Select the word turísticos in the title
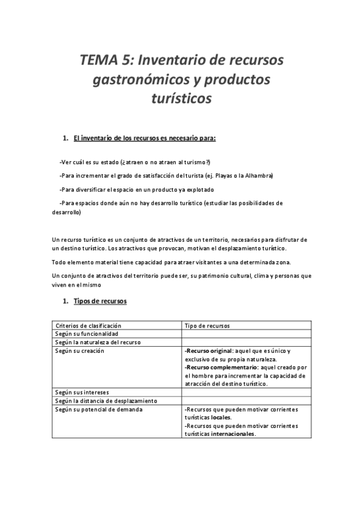click(x=181, y=98)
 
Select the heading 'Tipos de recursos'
click(x=100, y=301)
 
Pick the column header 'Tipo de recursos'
click(x=206, y=325)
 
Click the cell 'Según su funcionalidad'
click(x=87, y=334)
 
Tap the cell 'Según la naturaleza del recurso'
click(x=98, y=342)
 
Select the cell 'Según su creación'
click(x=79, y=351)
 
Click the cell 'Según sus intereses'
click(x=82, y=392)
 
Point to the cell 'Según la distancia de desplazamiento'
click(x=106, y=401)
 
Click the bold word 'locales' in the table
click(x=221, y=418)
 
